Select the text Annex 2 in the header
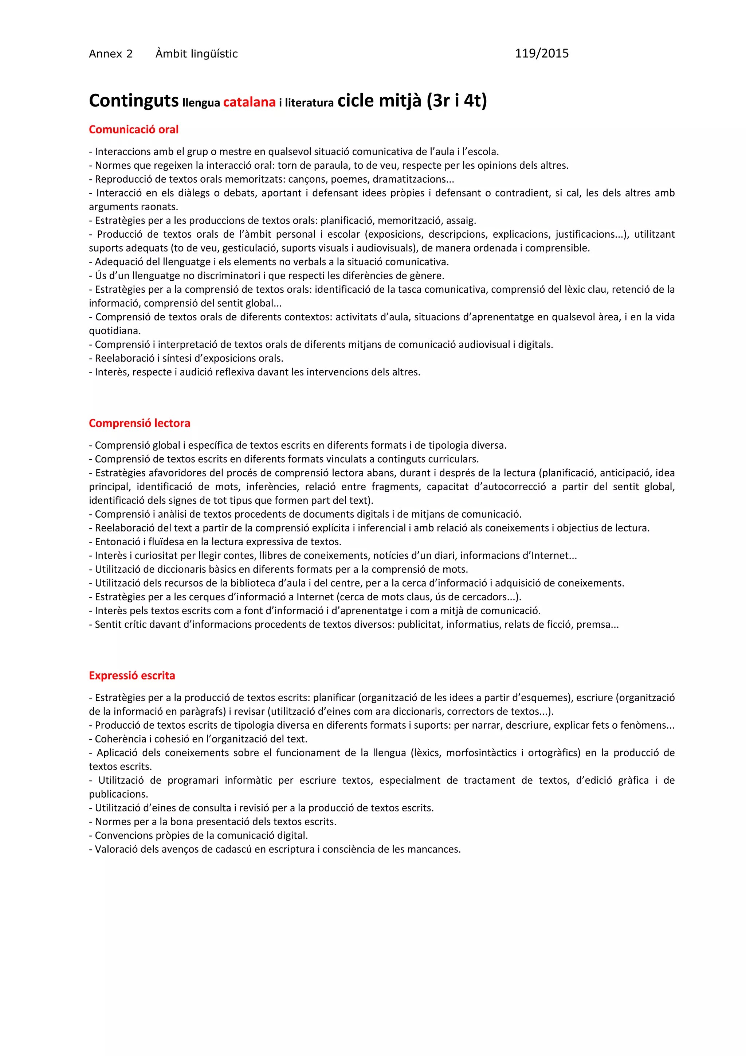[111, 54]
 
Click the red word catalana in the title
[249, 102]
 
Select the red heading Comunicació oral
[133, 130]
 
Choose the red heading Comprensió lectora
[139, 423]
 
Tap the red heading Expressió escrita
[132, 676]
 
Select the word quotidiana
[114, 331]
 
